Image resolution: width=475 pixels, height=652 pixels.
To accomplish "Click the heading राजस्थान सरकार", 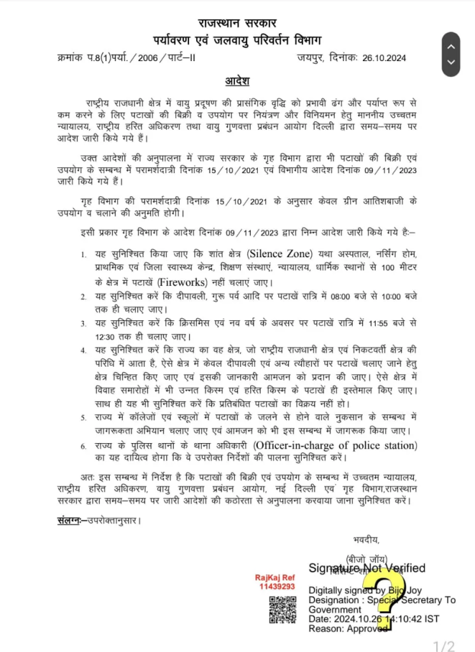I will (237, 24).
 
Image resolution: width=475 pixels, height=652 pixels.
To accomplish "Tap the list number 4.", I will (83, 350).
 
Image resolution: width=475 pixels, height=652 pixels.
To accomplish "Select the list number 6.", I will (83, 446).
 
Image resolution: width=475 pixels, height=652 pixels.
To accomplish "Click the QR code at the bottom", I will (282, 609).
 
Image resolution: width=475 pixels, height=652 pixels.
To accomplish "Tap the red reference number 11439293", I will (277, 586).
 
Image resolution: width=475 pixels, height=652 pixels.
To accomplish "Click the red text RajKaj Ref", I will (275, 577).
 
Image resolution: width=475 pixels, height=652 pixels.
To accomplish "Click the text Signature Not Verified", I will (367, 568).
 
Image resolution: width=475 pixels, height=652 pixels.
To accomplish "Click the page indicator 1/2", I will (444, 647).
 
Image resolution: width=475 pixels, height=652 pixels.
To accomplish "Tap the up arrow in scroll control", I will (451, 47).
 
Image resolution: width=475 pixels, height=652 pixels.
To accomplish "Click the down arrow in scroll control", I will (451, 62).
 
